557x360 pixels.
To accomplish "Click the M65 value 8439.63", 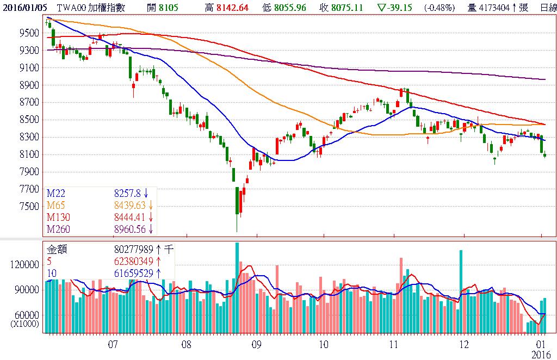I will [131, 205].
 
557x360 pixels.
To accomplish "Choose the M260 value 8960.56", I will [131, 229].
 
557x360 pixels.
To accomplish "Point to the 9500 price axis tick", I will [28, 33].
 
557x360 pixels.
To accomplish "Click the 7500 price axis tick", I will [28, 207].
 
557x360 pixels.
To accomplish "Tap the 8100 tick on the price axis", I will [28, 154].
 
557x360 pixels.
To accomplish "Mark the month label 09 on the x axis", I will [257, 344].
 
